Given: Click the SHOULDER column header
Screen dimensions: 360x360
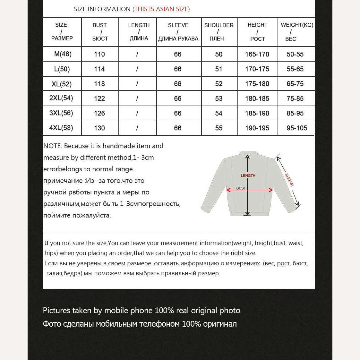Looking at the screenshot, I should (x=219, y=25).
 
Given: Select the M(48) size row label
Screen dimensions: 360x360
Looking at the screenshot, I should (x=63, y=54).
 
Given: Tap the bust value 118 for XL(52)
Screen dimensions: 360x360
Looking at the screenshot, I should (x=99, y=84).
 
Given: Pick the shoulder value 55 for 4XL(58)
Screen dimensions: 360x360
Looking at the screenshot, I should (x=219, y=128).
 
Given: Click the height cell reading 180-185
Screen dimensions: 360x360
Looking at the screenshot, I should (x=257, y=99).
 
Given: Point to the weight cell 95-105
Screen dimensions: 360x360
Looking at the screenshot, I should (x=297, y=128).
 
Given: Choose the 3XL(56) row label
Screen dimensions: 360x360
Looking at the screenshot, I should (x=61, y=113).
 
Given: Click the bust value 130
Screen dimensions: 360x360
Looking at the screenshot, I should (x=99, y=128).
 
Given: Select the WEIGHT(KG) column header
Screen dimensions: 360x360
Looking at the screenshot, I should (x=297, y=25).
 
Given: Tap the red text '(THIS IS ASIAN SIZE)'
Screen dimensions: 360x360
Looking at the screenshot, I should (x=161, y=9).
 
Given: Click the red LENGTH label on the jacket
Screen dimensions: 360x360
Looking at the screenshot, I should (x=248, y=176).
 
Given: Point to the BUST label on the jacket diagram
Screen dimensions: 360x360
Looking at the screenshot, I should (x=241, y=188).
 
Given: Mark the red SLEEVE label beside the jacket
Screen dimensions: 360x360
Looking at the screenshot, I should (x=289, y=180).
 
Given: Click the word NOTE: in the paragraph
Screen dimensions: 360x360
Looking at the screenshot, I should (x=53, y=146).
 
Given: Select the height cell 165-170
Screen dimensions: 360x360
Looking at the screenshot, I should (x=257, y=54).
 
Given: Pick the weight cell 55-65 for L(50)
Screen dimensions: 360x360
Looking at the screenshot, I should (x=295, y=69).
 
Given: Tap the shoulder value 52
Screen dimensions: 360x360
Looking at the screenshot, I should (x=219, y=84).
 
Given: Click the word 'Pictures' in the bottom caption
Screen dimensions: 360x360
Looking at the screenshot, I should (x=56, y=311).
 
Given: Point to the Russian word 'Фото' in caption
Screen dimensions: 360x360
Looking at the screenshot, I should (x=52, y=324).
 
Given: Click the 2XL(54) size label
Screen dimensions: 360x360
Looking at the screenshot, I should (x=61, y=98).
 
